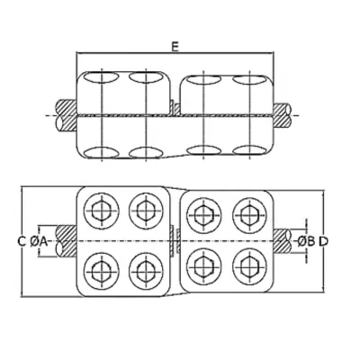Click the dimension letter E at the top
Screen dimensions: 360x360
point(175,47)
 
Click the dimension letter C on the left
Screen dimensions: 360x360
point(22,241)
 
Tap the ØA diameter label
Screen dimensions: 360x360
point(39,241)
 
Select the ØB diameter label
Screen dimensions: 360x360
point(306,241)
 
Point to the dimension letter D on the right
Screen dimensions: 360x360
point(323,241)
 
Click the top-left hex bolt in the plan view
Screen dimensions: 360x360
point(102,210)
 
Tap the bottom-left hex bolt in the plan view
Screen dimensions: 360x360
point(102,270)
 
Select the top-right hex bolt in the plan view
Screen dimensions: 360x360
point(249,215)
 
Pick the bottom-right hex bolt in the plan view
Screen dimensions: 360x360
point(249,266)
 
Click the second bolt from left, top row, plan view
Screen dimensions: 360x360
point(146,210)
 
